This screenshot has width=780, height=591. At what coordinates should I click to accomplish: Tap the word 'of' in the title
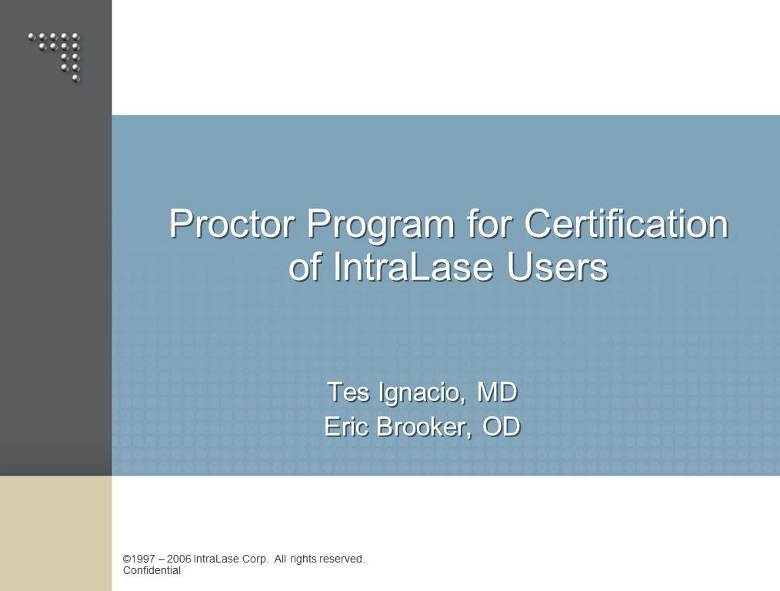click(305, 266)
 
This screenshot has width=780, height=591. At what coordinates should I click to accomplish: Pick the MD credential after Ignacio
click(497, 392)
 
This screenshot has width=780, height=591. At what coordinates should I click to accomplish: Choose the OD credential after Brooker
click(502, 426)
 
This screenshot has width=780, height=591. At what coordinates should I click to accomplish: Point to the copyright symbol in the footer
click(126, 559)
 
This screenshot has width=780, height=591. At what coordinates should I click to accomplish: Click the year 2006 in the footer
click(179, 559)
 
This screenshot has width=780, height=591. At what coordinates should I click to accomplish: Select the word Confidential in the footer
click(152, 570)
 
